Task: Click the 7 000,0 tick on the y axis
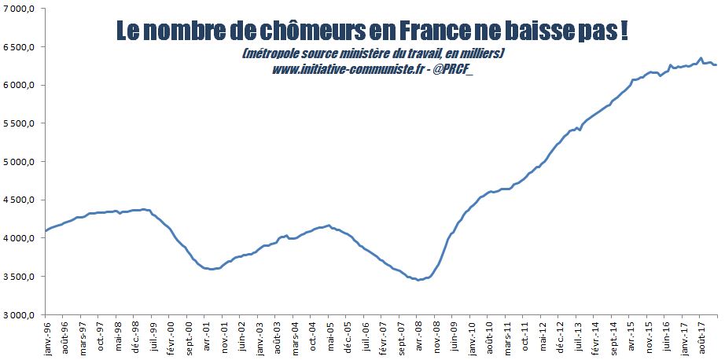pyautogui.click(x=21, y=9)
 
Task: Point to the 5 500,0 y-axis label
pyautogui.click(x=21, y=123)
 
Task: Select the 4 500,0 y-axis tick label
pyautogui.click(x=21, y=200)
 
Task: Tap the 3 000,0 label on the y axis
pyautogui.click(x=21, y=315)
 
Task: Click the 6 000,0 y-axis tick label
pyautogui.click(x=21, y=85)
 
